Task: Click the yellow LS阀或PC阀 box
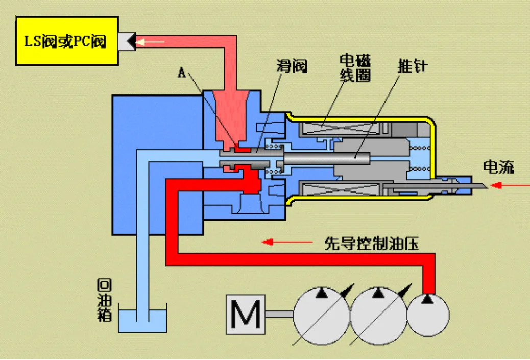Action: coord(66,41)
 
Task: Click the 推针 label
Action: coord(412,66)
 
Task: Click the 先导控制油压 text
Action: coord(372,243)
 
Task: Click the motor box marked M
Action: coord(245,315)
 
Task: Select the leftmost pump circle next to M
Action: coord(321,314)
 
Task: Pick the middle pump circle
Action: coord(377,314)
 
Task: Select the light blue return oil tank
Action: coord(143,320)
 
